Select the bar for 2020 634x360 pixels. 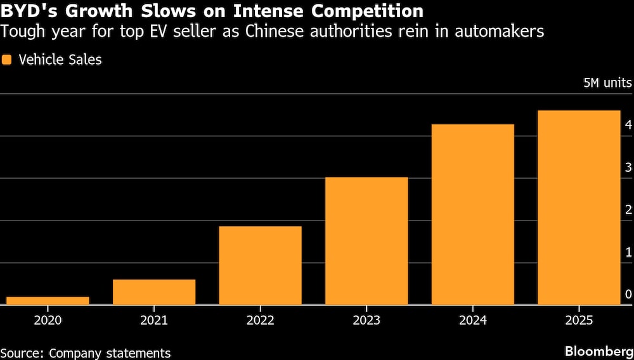tap(48, 300)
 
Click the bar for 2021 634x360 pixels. tap(154, 292)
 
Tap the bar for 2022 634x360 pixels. tap(260, 266)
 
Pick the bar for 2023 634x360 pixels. tap(366, 241)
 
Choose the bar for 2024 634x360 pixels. tap(472, 214)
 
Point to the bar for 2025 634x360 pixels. tap(578, 207)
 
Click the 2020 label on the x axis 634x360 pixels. tap(48, 321)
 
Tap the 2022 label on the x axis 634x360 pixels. tap(260, 321)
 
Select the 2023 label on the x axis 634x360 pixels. tap(366, 321)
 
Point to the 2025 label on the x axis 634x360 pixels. tap(578, 321)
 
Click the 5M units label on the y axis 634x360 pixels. tap(607, 83)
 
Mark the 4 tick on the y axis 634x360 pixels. tap(628, 125)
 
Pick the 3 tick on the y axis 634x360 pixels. tap(628, 167)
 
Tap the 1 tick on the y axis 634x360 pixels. tap(628, 252)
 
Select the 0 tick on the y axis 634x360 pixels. tap(628, 294)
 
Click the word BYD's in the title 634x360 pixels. tap(27, 11)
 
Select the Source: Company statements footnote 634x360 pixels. tap(85, 352)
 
